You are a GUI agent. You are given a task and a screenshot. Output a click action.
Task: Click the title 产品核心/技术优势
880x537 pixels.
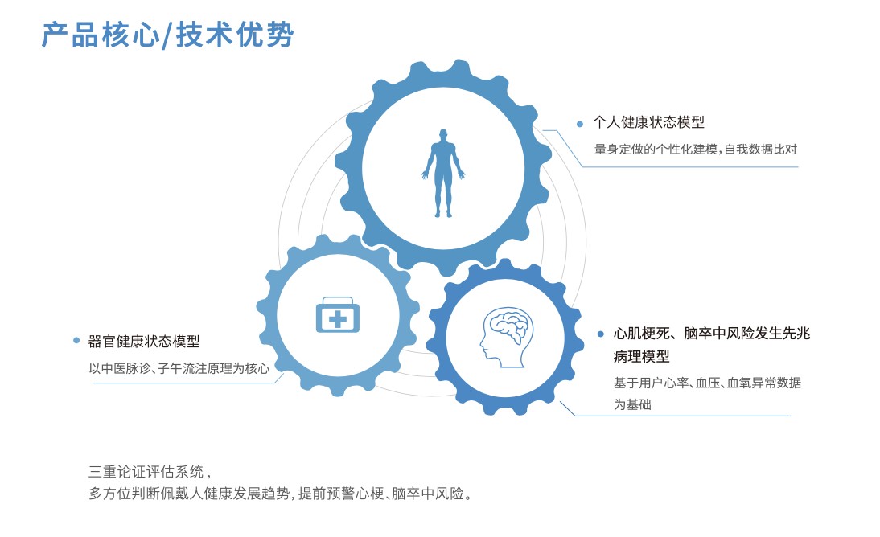168,35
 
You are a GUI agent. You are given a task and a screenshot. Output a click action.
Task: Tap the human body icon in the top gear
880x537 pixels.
443,174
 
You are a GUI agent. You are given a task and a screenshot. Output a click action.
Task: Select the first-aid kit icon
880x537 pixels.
337,315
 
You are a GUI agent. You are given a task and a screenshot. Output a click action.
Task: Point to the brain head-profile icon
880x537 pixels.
506,338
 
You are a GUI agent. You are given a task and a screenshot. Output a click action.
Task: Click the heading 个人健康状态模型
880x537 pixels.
648,122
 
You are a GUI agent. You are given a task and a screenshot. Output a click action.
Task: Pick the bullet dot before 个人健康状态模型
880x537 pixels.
580,124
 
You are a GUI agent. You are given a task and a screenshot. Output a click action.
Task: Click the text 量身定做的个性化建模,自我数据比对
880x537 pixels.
695,150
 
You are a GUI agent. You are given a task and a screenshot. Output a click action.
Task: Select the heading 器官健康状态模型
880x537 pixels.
144,341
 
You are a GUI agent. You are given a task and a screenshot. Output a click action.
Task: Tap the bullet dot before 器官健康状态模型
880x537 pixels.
76,340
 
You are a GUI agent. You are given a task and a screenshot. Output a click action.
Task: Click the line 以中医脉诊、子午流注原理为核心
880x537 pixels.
179,369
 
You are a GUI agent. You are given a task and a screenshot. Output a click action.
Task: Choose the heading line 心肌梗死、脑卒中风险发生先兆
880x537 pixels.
712,334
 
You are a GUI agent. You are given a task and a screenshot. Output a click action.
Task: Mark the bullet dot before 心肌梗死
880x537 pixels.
601,334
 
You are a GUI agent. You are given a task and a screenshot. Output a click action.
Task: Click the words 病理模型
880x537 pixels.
641,356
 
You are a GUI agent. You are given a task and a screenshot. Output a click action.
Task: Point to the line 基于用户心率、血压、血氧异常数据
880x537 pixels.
707,383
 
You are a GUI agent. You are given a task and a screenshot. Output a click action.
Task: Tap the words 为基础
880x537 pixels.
632,404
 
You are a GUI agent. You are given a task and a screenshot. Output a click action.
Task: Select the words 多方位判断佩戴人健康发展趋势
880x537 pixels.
189,494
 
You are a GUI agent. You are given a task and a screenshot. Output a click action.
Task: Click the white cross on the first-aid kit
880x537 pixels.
337,320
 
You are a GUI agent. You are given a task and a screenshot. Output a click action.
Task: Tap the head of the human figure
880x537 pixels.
443,135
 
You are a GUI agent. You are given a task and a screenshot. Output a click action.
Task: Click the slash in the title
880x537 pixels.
167,35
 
